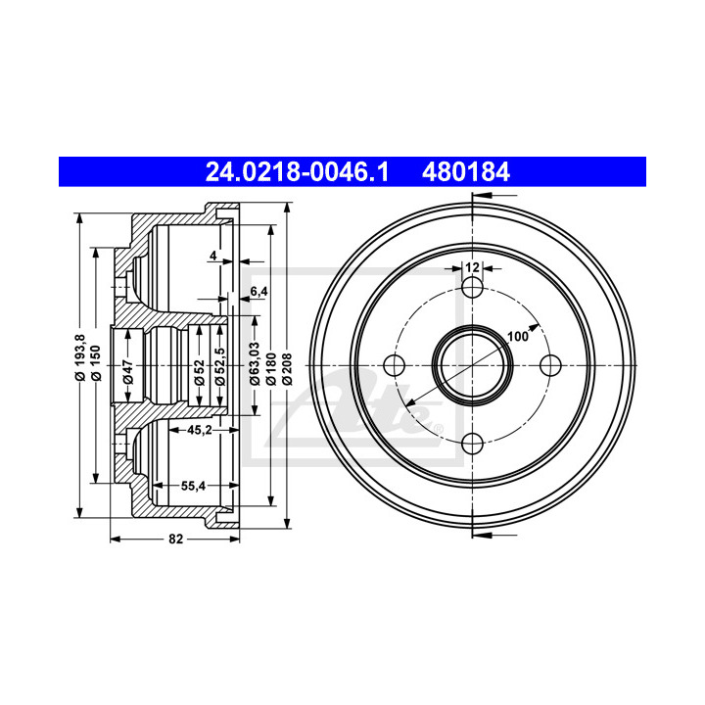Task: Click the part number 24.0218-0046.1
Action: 297,172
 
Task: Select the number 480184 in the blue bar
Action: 466,172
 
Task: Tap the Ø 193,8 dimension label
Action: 80,358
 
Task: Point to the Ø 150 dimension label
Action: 96,363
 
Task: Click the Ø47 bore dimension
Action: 128,371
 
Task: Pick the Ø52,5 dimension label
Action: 220,366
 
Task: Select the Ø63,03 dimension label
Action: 255,363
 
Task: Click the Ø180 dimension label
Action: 271,369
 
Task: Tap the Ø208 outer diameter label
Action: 287,369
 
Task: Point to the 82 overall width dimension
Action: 176,539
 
